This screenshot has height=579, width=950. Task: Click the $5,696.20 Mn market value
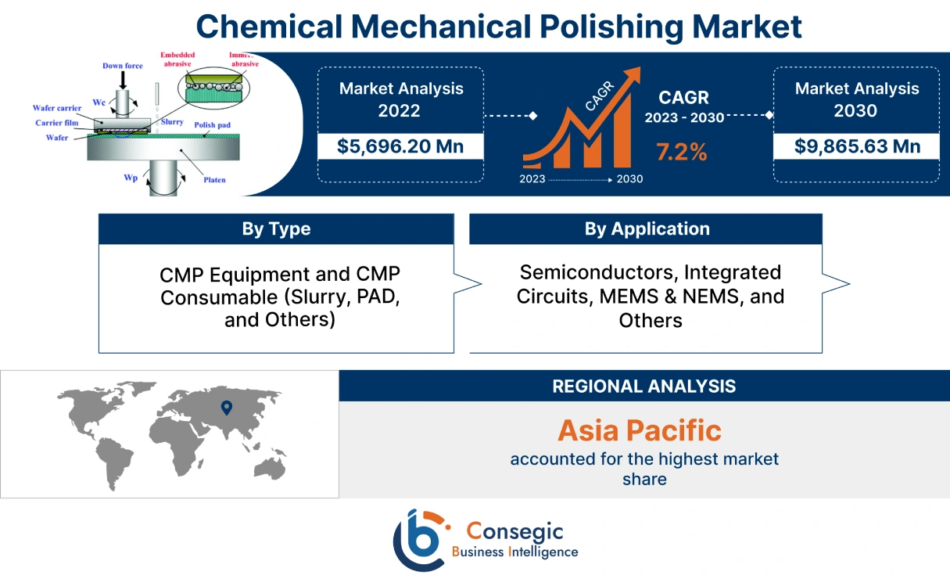(400, 146)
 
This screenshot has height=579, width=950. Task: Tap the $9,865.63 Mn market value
(857, 146)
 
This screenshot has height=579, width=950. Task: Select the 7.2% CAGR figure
(681, 153)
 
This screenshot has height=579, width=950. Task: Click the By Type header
(276, 229)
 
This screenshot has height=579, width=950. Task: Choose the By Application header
(647, 229)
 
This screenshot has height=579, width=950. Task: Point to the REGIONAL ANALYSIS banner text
(643, 386)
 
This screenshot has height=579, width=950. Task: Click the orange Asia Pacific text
(639, 430)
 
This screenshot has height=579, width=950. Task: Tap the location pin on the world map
(226, 407)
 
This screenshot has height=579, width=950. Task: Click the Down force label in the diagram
(122, 66)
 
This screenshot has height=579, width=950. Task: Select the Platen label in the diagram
(214, 180)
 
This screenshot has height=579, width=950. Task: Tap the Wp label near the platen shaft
(131, 178)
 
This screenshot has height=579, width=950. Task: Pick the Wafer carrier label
(57, 108)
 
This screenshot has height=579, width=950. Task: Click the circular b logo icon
(421, 540)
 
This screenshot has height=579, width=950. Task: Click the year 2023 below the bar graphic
(532, 179)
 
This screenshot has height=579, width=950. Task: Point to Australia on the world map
(272, 467)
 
